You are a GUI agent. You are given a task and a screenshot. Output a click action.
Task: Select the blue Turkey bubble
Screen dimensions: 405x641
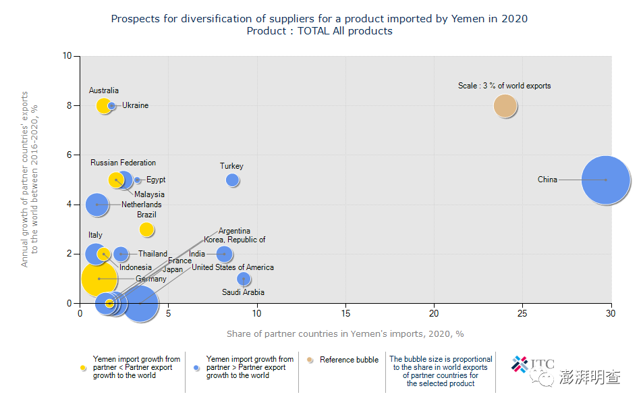pos(232,180)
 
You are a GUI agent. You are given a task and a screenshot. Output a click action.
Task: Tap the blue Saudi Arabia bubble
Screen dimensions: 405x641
pos(244,279)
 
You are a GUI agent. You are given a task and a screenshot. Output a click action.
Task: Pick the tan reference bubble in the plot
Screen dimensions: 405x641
pos(505,106)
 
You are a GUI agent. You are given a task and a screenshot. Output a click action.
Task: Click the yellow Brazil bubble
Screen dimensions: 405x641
pos(146,230)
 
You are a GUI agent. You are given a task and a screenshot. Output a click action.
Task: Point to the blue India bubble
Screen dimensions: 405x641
pos(225,254)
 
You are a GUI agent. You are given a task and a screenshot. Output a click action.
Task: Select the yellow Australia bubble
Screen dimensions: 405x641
pos(104,106)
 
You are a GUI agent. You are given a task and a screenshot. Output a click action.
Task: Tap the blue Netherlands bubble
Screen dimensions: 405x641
pos(97,205)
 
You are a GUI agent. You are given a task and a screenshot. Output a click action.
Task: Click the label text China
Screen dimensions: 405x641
pos(547,180)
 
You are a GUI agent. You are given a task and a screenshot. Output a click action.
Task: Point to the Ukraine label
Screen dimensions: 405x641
pos(135,105)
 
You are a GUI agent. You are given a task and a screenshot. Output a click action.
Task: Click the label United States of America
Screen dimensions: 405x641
pos(233,267)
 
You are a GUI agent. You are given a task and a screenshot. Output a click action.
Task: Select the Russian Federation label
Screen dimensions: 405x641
pos(123,163)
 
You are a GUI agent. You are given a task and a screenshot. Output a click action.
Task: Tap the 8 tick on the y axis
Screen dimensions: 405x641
pos(68,106)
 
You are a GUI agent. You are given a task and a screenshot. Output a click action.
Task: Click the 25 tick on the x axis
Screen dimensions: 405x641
pos(522,313)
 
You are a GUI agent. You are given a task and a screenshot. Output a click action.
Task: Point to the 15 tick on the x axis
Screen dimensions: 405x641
pos(345,313)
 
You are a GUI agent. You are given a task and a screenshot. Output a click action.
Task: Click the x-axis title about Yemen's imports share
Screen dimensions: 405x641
pos(345,333)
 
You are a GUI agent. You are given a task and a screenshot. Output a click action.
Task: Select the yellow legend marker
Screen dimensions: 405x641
pos(83,368)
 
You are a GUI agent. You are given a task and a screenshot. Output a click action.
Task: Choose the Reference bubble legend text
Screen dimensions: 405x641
pos(349,360)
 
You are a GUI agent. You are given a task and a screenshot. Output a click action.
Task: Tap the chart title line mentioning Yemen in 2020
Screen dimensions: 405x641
pos(319,19)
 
